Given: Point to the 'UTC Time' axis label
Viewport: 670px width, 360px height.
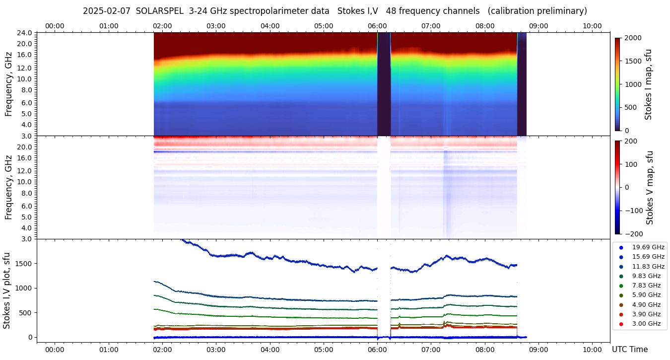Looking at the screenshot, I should click(629, 350).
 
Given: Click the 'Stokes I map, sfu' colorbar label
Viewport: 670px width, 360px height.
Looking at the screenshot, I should click(648, 84).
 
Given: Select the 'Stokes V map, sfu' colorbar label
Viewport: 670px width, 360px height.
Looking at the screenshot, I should click(650, 187).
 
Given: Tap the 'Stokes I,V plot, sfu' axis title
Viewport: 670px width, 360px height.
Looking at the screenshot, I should click(7, 290).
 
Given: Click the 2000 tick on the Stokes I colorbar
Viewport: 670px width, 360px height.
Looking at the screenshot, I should click(632, 38).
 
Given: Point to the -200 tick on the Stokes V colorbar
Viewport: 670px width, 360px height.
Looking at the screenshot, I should click(634, 233).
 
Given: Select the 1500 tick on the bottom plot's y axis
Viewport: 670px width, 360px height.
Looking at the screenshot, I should click(23, 263).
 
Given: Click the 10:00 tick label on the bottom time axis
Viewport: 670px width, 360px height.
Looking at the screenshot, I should click(592, 350).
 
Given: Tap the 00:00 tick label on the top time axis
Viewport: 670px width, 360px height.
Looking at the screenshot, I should click(55, 26).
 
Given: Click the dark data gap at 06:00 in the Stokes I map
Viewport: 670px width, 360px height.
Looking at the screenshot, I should click(384, 84).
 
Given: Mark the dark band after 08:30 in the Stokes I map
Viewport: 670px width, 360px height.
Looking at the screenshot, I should click(522, 84).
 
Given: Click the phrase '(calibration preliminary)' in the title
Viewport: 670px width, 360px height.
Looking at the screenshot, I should click(537, 11).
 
